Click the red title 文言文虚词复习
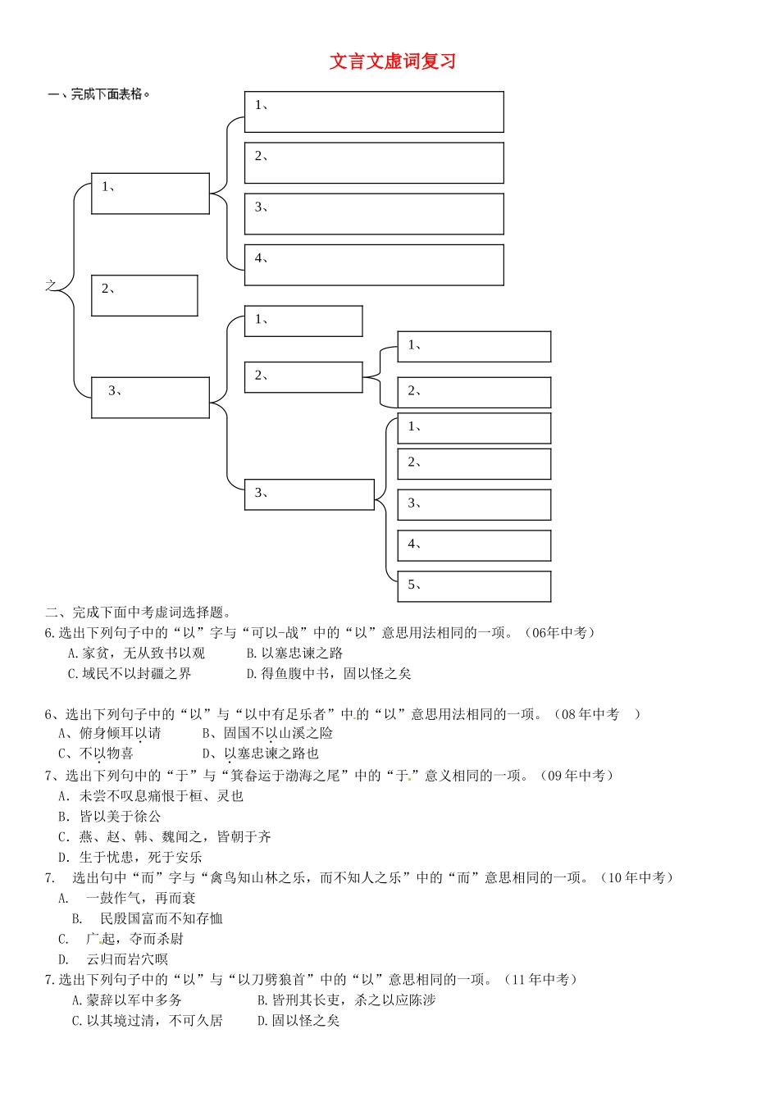click(392, 61)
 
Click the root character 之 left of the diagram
click(51, 285)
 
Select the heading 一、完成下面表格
click(99, 94)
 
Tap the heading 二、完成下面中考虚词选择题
click(139, 612)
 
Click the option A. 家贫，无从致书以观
click(136, 653)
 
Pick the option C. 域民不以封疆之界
click(130, 674)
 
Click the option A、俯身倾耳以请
click(110, 734)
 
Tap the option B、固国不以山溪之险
click(267, 734)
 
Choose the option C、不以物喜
click(96, 754)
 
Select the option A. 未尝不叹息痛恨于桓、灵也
click(151, 796)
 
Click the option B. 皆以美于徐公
click(110, 817)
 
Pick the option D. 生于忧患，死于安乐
click(130, 858)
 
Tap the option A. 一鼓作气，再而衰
click(127, 899)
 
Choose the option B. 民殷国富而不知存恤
click(148, 919)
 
